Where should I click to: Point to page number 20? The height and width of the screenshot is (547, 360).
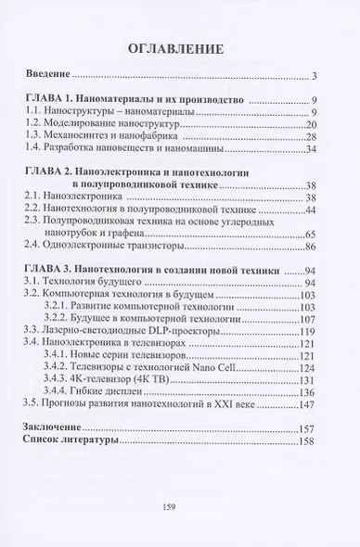(312, 123)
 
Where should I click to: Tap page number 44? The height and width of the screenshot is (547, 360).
(312, 209)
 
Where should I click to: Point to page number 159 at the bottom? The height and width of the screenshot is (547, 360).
(180, 505)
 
